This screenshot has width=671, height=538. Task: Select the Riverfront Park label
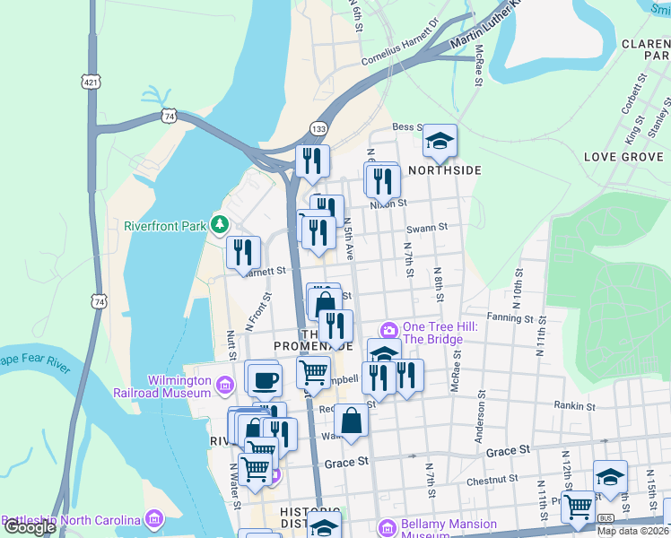tap(166, 225)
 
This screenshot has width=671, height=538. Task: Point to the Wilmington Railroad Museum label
tap(161, 385)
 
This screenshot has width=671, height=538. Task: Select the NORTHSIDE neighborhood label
tap(445, 170)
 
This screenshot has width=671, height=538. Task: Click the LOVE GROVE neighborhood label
tap(623, 157)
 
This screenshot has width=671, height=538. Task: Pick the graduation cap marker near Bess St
tap(440, 141)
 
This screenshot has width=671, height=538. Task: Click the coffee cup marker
tap(264, 379)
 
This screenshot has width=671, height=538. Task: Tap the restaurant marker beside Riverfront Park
tap(243, 254)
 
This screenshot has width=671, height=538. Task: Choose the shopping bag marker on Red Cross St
tap(352, 421)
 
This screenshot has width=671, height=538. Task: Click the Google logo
tap(30, 527)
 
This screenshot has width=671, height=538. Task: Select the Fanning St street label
tap(510, 317)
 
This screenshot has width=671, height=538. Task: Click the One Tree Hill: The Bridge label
tap(432, 333)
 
